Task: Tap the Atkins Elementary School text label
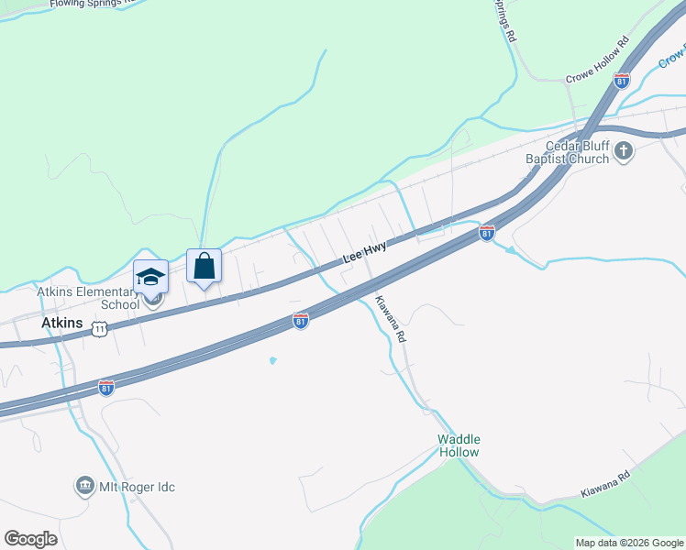[88, 298]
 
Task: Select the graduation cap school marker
[150, 276]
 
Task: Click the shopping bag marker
[205, 266]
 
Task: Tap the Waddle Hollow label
[459, 445]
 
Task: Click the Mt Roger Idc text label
[137, 487]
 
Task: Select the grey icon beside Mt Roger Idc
[85, 485]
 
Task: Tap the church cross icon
[624, 151]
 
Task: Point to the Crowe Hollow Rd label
[597, 60]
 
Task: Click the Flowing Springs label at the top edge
[87, 4]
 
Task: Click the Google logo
[30, 539]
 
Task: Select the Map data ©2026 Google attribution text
[628, 543]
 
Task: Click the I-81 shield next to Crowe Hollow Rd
[622, 81]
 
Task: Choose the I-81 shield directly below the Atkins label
[105, 387]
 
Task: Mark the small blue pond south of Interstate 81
[272, 360]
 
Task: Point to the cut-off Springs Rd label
[505, 20]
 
